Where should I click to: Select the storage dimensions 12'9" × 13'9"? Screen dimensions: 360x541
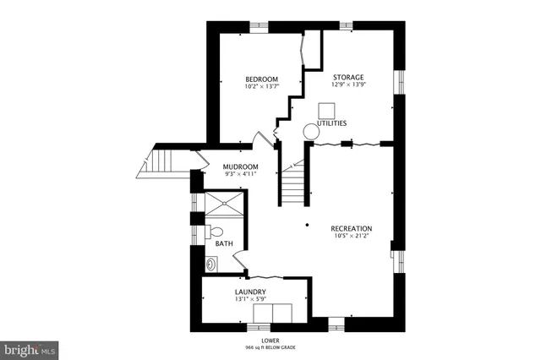tap(348, 84)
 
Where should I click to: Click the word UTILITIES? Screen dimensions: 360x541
tap(331, 123)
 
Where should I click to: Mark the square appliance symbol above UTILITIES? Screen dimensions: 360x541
tap(326, 110)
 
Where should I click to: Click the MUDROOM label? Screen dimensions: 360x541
tap(240, 166)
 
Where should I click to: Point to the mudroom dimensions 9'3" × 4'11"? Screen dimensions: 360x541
tap(240, 175)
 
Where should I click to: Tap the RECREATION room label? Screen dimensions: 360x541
tap(351, 229)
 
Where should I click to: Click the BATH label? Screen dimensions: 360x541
tap(224, 244)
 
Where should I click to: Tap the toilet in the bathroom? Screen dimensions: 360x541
tap(215, 230)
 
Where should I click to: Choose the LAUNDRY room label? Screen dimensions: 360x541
tap(250, 292)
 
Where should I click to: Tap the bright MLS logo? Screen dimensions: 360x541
tap(30, 347)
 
